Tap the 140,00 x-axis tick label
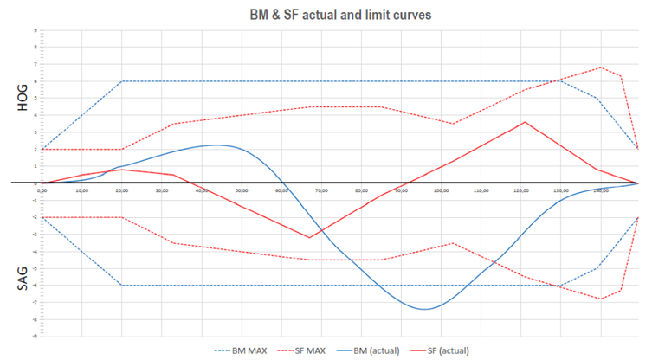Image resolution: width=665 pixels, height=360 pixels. pyautogui.click(x=599, y=189)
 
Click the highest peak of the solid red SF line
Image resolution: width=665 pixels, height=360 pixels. pyautogui.click(x=525, y=122)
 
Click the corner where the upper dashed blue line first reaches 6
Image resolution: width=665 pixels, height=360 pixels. pyautogui.click(x=121, y=81)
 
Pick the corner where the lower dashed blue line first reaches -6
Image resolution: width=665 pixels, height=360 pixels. pyautogui.click(x=121, y=285)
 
